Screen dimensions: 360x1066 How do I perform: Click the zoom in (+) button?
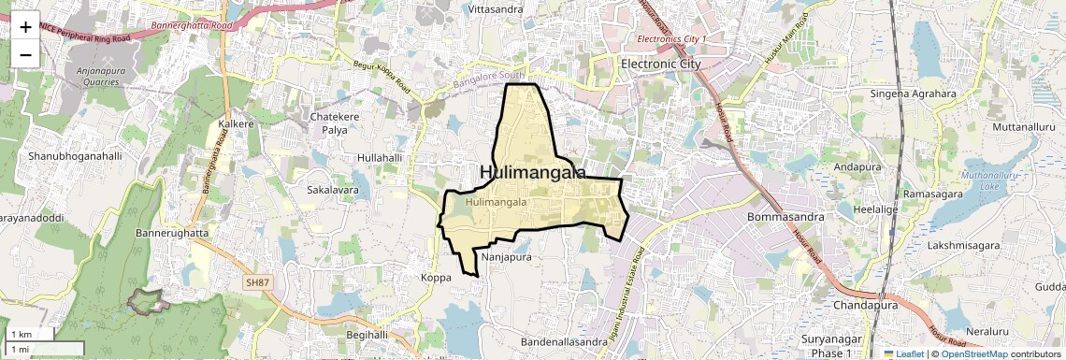(x=25, y=28)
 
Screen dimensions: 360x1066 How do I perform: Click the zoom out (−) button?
(x=25, y=54)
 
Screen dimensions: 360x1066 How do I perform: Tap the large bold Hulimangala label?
(x=532, y=173)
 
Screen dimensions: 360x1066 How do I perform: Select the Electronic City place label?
(x=661, y=64)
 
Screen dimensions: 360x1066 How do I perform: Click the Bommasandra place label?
(x=785, y=217)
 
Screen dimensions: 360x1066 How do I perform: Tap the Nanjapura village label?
(x=506, y=256)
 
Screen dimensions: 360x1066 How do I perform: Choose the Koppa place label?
(x=436, y=278)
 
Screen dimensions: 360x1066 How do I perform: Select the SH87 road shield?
(x=255, y=281)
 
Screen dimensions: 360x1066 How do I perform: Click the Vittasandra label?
(x=495, y=9)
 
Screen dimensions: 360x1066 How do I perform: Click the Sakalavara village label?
(x=333, y=190)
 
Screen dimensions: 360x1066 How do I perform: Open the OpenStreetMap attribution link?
(x=974, y=353)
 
